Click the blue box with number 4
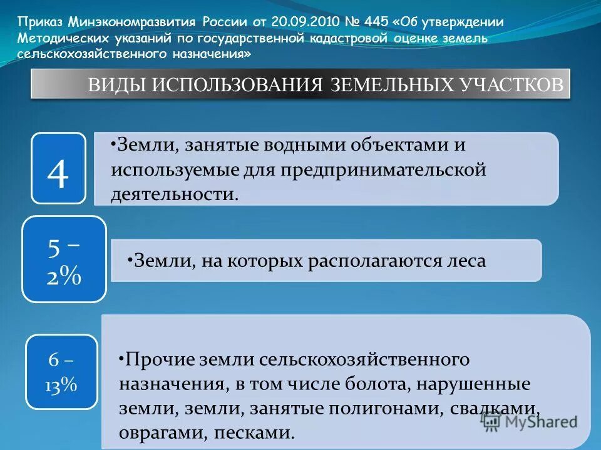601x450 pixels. coord(58,168)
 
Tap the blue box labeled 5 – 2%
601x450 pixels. coord(64,259)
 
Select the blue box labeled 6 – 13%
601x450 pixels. coord(61,372)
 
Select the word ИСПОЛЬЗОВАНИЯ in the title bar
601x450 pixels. coord(235,85)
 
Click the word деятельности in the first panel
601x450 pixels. coord(173,193)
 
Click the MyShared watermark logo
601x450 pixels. coord(530,421)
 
